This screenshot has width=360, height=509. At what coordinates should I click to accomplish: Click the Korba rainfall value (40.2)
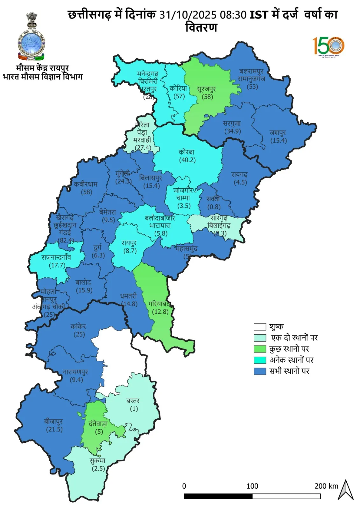(187, 160)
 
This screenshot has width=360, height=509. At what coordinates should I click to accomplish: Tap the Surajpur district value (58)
(207, 97)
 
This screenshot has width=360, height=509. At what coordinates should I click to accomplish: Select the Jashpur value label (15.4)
(279, 140)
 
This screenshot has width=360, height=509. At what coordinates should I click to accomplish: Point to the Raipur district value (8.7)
(130, 251)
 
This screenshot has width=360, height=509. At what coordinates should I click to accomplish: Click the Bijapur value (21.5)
(54, 429)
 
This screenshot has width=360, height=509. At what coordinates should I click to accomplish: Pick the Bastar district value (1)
(134, 409)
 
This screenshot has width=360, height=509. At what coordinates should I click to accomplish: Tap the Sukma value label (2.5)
(98, 469)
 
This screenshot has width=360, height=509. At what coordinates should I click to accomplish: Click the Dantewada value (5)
(99, 432)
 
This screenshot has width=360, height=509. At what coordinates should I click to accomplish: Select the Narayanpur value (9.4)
(76, 380)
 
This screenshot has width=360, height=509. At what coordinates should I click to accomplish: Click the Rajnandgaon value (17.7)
(57, 265)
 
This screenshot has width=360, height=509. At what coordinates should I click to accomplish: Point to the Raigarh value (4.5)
(240, 182)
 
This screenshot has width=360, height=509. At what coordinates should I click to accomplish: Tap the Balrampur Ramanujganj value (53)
(252, 86)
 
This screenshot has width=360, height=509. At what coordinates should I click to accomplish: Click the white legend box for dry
(260, 327)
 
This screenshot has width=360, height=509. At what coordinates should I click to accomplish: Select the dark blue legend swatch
(260, 371)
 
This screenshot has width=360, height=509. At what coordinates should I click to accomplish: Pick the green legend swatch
(260, 349)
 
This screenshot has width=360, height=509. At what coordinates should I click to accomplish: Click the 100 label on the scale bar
(252, 486)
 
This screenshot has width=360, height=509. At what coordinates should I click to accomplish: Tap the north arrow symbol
(345, 490)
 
